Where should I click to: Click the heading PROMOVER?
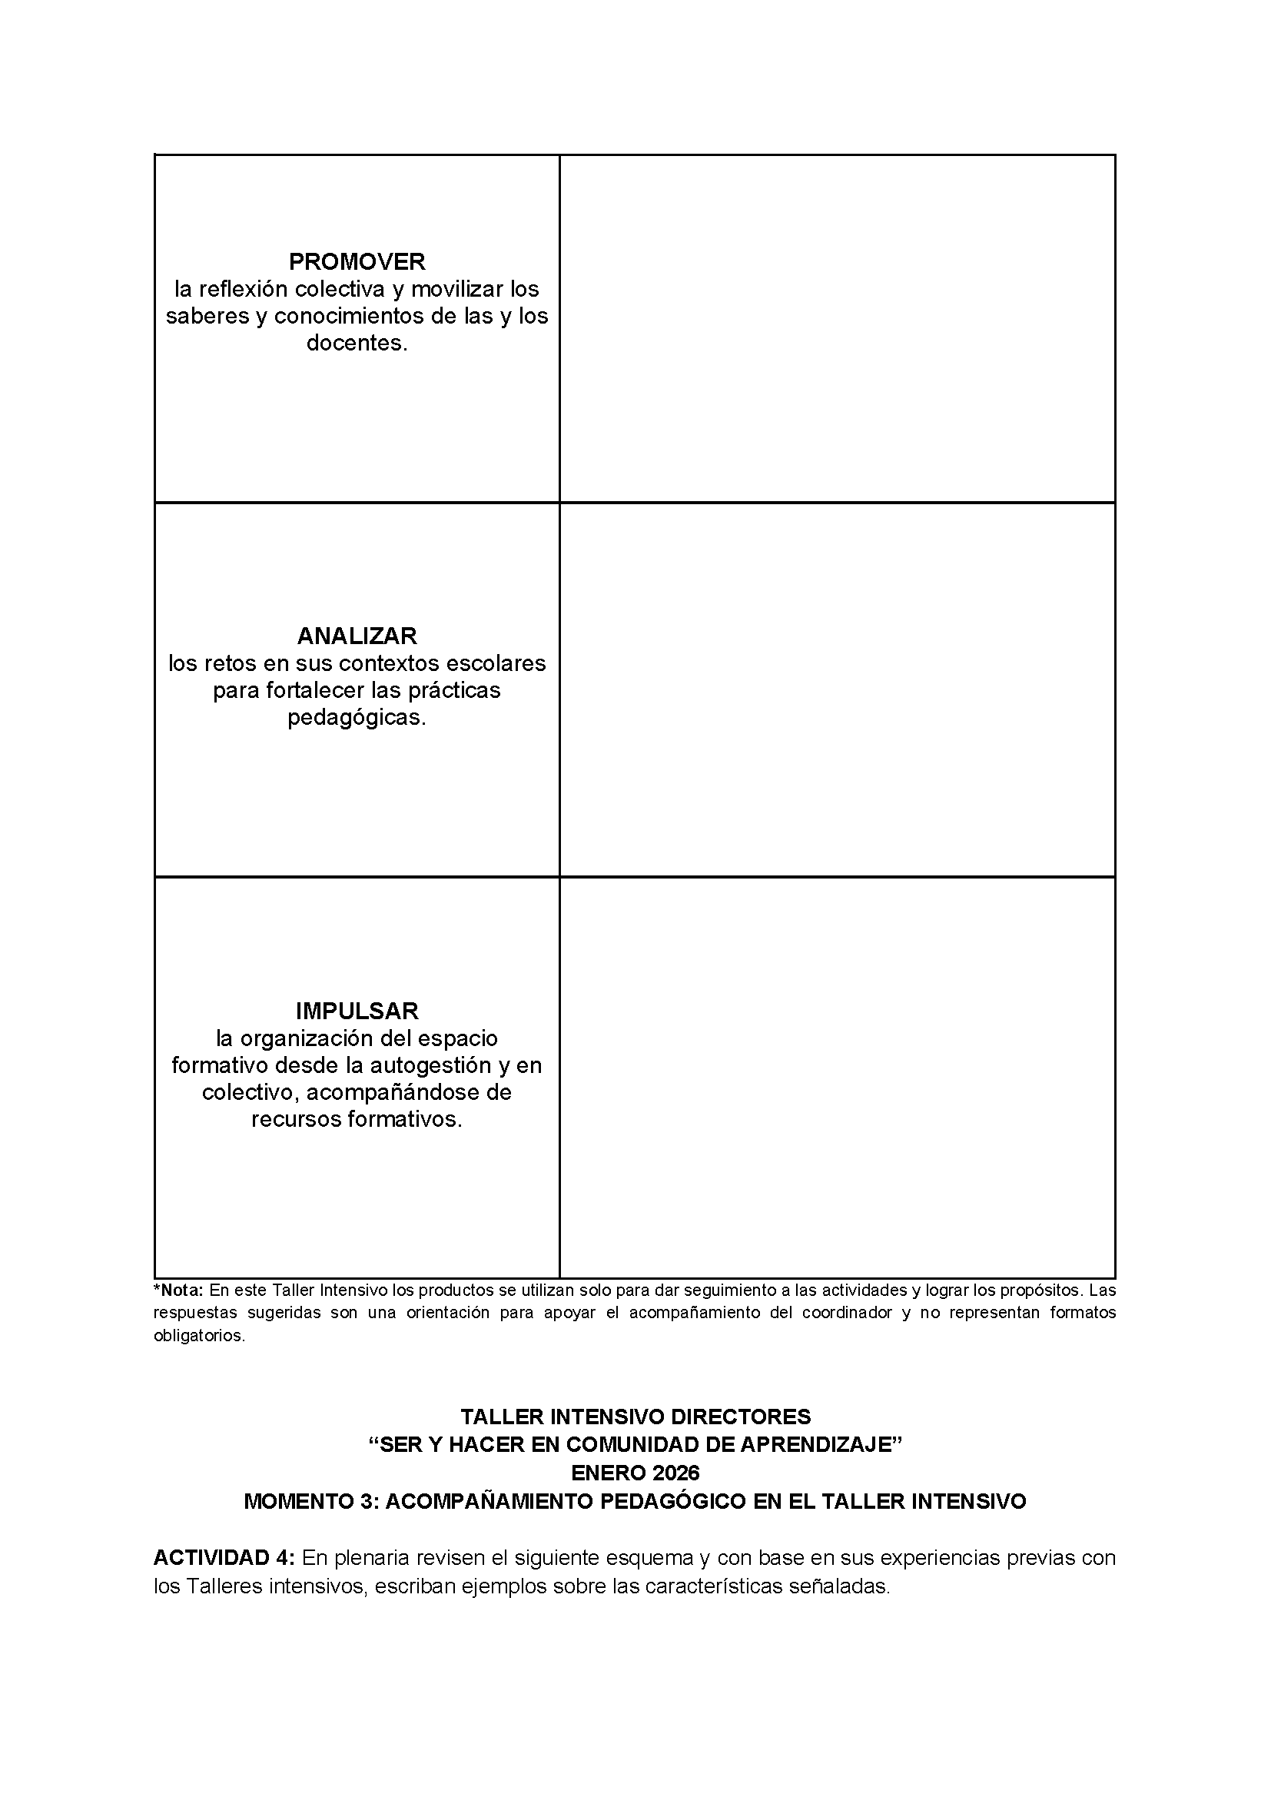point(357,261)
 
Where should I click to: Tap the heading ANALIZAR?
point(357,636)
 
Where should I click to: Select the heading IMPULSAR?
point(357,1011)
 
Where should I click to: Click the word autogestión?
point(441,1065)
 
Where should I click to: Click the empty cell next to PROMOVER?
point(838,329)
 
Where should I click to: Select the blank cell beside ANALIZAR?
point(838,689)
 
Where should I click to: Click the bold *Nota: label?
point(178,1290)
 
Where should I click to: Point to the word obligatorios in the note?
point(199,1336)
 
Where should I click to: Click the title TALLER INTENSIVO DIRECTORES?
point(635,1417)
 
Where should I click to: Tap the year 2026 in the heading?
point(675,1473)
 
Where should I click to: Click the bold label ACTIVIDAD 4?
point(224,1557)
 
